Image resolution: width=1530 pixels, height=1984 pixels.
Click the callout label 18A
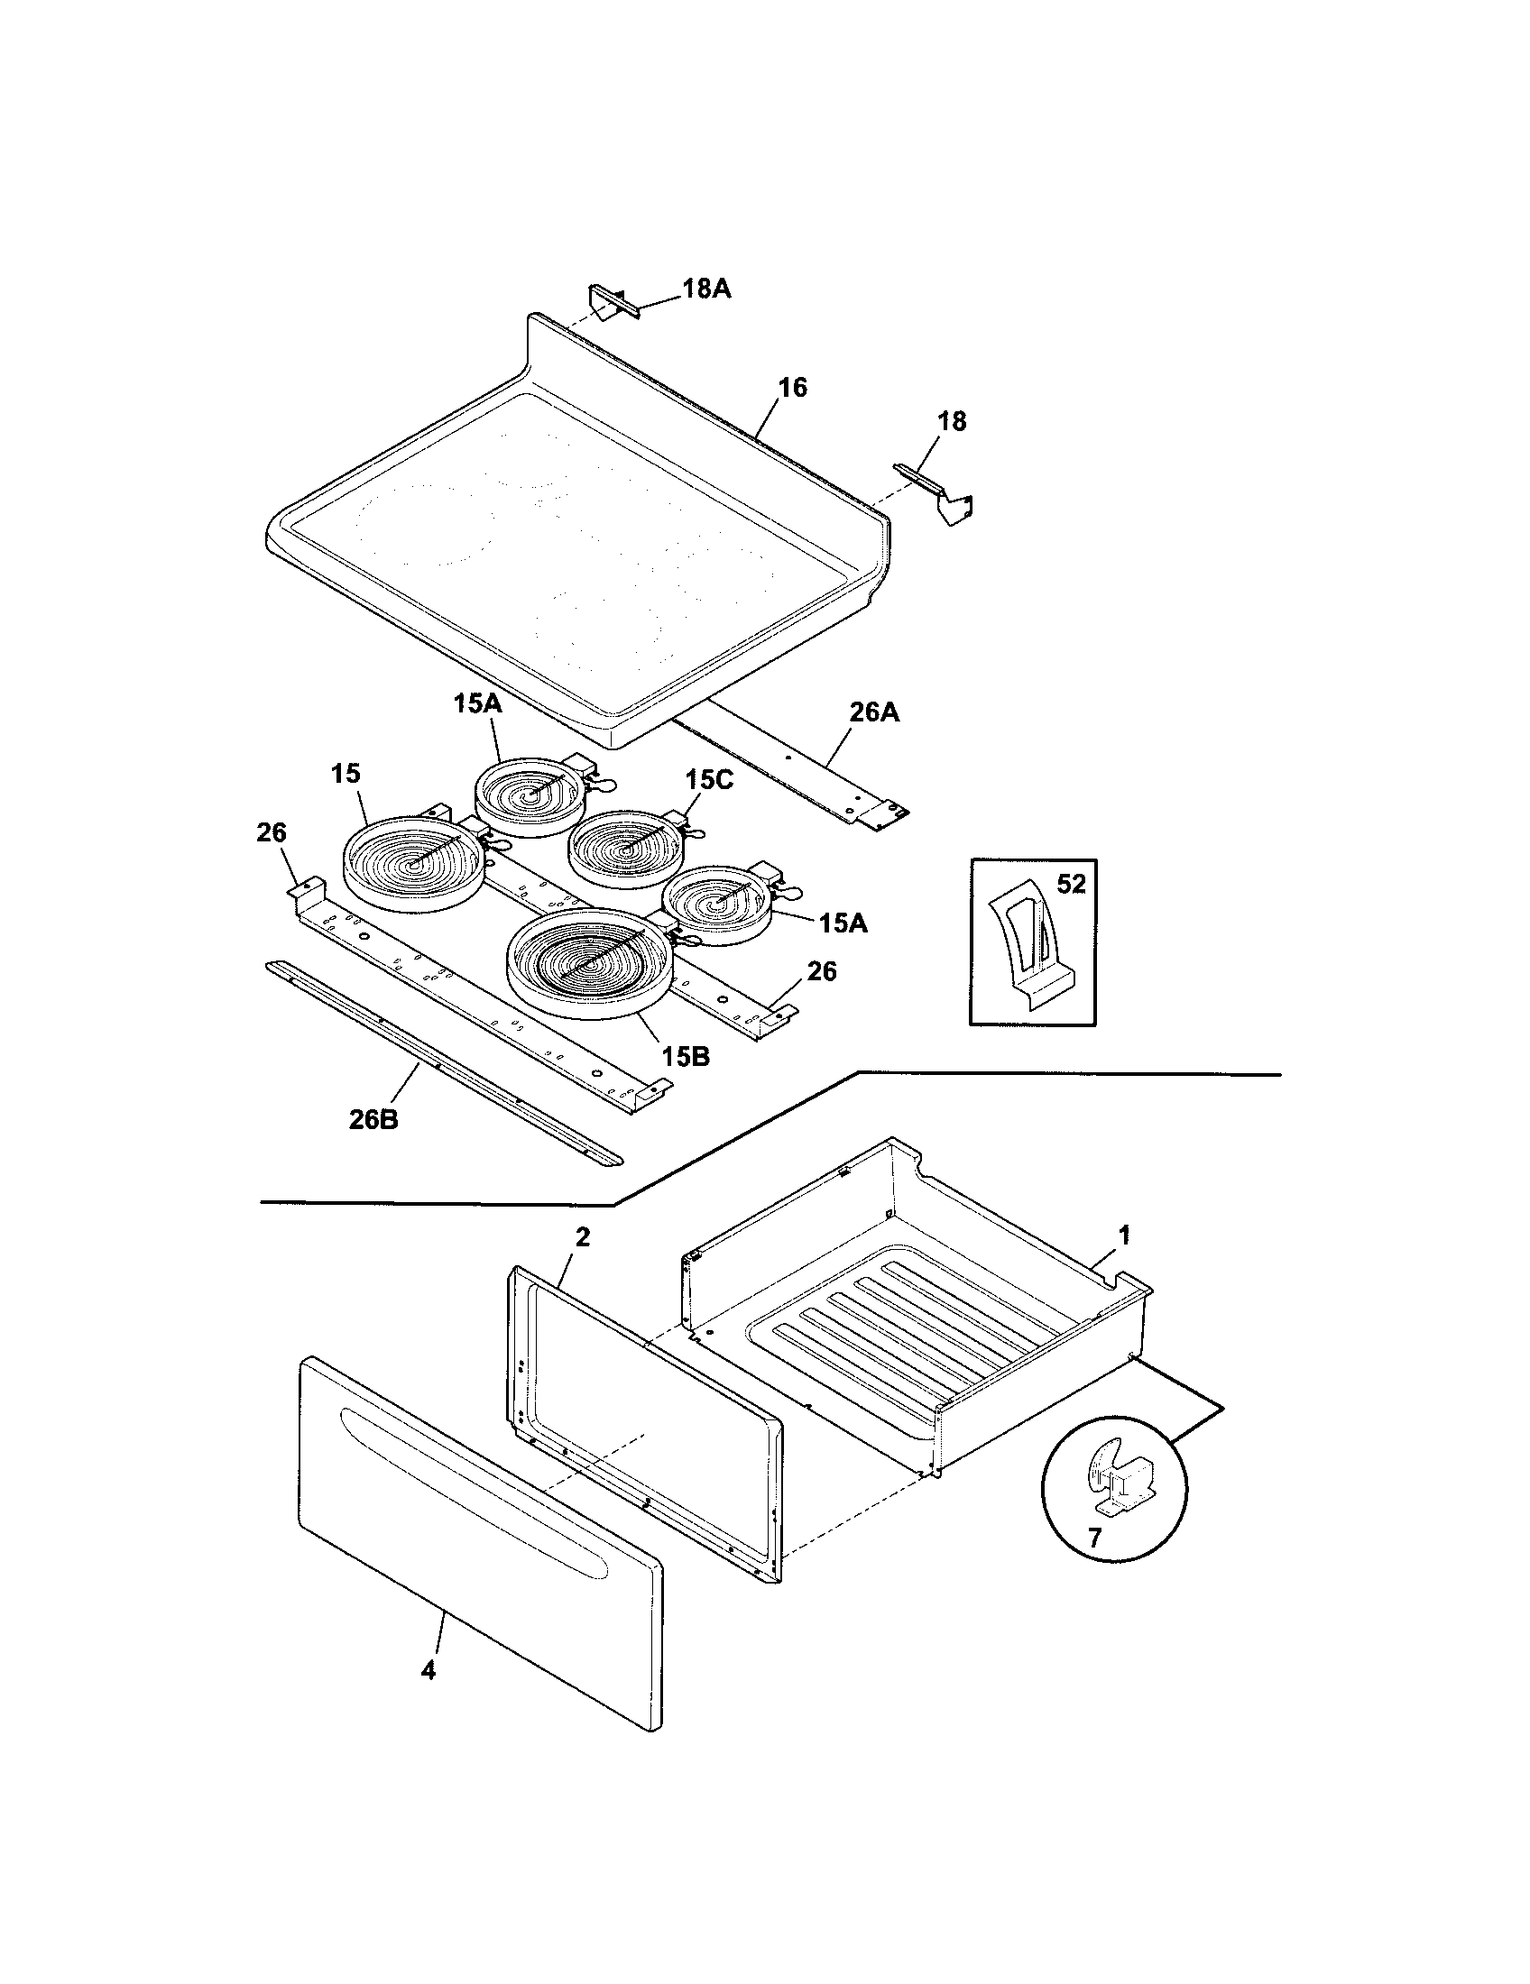pyautogui.click(x=706, y=289)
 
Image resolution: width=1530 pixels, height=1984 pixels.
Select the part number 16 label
pyautogui.click(x=792, y=388)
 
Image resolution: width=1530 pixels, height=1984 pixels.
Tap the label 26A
pyautogui.click(x=874, y=712)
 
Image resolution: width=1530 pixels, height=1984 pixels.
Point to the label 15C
pyautogui.click(x=709, y=779)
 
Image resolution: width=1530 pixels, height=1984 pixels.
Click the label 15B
pyautogui.click(x=685, y=1057)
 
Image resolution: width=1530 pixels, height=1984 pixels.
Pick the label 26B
pyautogui.click(x=373, y=1120)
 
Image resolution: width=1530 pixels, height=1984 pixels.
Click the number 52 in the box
pyautogui.click(x=1071, y=884)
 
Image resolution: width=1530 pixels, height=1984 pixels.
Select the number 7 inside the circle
pyautogui.click(x=1094, y=1538)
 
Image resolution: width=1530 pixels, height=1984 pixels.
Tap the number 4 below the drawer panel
pyautogui.click(x=429, y=1669)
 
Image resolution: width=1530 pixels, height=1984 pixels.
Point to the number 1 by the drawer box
pyautogui.click(x=1124, y=1235)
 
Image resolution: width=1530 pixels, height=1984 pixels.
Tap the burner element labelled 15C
pyautogui.click(x=627, y=849)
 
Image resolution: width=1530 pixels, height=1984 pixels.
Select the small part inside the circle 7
pyautogui.click(x=1121, y=1483)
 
